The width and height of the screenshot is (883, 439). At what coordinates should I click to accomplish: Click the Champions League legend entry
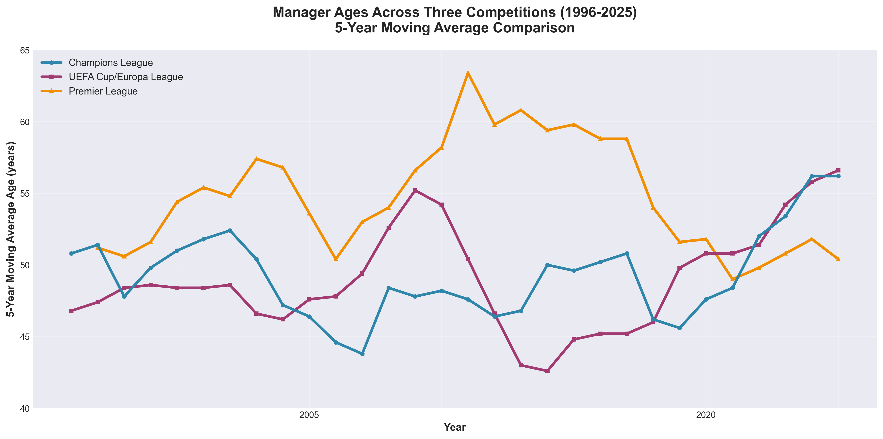click(x=110, y=63)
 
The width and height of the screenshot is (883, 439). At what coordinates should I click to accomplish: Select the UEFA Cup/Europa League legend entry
click(x=126, y=77)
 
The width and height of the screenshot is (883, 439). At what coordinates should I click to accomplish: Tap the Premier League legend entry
click(x=103, y=92)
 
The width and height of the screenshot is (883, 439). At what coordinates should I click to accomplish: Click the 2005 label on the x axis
click(x=309, y=415)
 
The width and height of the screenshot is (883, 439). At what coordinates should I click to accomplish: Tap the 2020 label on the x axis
click(x=706, y=415)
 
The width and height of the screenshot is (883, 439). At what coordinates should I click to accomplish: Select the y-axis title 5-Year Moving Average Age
click(x=11, y=229)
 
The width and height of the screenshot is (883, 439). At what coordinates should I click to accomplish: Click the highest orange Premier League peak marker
click(x=468, y=73)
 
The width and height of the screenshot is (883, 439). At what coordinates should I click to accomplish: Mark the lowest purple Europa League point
click(x=547, y=371)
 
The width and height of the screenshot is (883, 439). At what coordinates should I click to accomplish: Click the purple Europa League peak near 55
click(x=415, y=190)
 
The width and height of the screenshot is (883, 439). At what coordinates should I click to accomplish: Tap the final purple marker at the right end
click(x=838, y=171)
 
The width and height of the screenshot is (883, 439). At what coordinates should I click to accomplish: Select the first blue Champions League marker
click(x=71, y=253)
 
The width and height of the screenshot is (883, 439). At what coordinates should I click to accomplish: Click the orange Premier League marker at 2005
click(x=309, y=213)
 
